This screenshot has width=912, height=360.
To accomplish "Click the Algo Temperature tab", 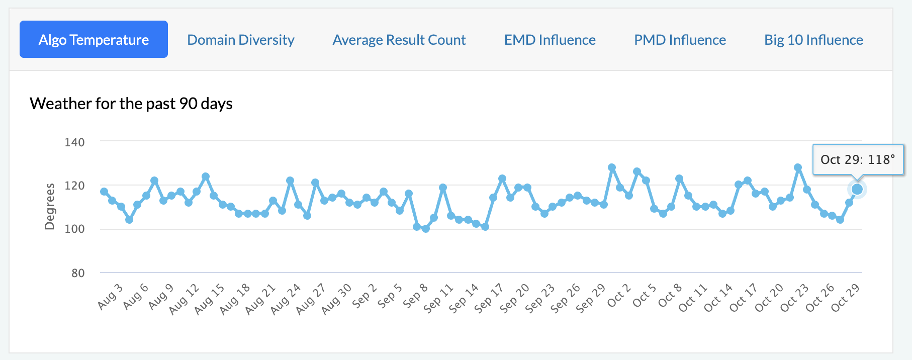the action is tap(94, 39).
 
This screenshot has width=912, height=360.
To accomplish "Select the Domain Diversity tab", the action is tap(241, 40).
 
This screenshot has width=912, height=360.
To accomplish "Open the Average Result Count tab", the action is tap(399, 40).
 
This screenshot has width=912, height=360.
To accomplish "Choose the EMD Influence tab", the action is tap(550, 40).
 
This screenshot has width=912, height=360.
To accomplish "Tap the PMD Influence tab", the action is tap(680, 40).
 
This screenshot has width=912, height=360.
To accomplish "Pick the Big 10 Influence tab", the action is tap(813, 40).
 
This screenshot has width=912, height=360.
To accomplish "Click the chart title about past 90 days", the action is tap(131, 104).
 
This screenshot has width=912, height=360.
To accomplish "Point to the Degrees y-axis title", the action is tap(50, 207).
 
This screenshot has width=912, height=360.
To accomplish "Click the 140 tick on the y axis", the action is tap(74, 142).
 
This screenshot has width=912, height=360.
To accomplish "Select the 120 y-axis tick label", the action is tap(74, 186).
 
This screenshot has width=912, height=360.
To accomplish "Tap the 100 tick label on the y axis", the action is tap(74, 229).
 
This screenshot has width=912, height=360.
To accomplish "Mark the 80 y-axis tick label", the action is tap(78, 273).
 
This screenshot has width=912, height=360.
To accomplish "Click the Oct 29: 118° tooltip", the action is tap(858, 159).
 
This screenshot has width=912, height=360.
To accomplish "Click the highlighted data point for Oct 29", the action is tap(857, 189).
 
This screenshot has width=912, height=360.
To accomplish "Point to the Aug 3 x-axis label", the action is tap(110, 297).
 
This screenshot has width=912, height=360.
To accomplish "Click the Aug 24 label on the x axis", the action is tap(286, 299).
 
